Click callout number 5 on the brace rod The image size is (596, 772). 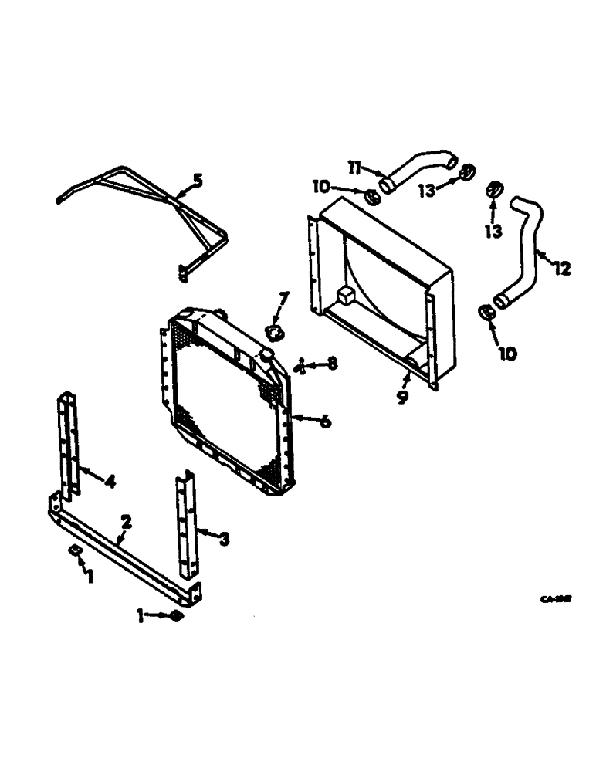coord(198,181)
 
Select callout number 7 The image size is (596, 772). coord(283,298)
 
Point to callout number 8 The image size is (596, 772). coord(332,363)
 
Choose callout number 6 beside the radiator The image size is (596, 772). coord(325,422)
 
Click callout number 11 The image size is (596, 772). coord(354,167)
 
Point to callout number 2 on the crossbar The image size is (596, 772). coord(126,523)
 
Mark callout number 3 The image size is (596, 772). coord(223,539)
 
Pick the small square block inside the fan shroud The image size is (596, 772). coord(345,293)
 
